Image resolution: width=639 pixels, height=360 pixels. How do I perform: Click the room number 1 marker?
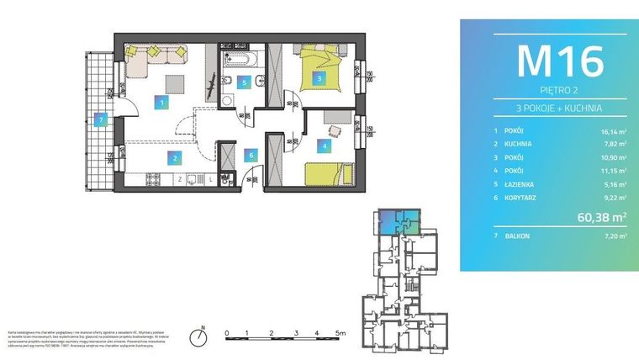tap(162, 103)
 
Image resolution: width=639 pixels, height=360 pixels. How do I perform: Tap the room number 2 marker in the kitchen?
tap(174, 157)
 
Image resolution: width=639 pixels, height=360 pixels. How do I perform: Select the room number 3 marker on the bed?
tap(319, 78)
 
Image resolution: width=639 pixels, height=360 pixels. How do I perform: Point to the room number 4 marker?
tap(323, 145)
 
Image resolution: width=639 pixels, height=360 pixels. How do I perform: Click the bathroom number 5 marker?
tap(244, 82)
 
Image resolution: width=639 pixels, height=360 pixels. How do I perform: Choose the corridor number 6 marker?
tap(250, 154)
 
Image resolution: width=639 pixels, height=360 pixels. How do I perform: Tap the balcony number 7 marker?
tap(101, 119)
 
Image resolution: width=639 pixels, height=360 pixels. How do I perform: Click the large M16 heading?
tap(559, 61)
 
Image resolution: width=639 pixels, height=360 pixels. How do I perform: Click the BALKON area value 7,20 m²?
tap(615, 236)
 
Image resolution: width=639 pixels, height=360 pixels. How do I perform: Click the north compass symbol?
tap(200, 336)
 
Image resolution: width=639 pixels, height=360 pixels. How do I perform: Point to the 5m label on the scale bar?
tap(341, 334)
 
